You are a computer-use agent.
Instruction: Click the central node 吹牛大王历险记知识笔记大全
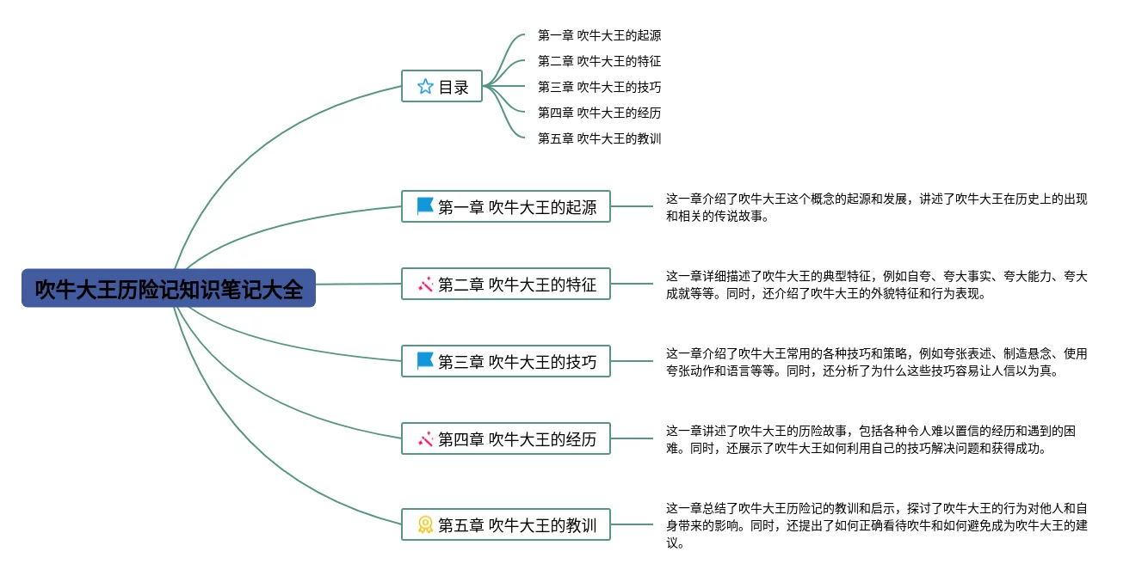pos(169,289)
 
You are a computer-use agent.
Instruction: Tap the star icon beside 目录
pos(425,86)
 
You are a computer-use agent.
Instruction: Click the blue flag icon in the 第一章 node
pos(425,206)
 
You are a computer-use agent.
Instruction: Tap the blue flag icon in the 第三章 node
pos(425,361)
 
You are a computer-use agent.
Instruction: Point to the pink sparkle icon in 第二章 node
pos(425,284)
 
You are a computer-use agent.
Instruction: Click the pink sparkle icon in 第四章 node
pos(425,439)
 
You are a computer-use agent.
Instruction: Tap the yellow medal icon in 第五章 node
pos(425,524)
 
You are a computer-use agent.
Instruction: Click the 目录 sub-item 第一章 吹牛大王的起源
pos(599,35)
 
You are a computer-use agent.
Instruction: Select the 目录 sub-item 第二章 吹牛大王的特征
pos(599,61)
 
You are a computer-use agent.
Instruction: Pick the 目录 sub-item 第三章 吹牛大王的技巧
pos(599,87)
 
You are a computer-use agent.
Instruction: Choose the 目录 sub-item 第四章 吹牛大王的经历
pos(599,113)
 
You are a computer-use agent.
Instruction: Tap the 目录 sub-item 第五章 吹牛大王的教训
pos(599,138)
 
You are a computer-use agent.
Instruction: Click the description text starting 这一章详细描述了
pos(876,285)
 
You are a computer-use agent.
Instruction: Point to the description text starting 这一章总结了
pos(876,524)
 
